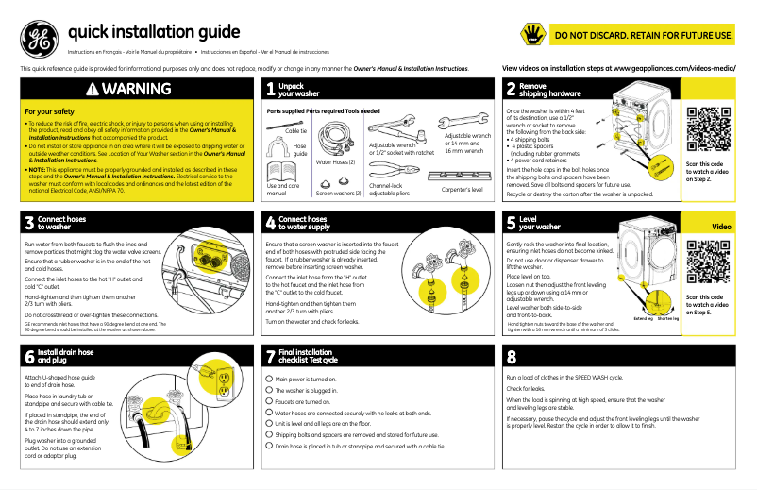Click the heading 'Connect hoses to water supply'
[302, 223]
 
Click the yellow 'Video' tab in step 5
[721, 227]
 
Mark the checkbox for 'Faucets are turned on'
[268, 399]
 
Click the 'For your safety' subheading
[50, 111]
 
